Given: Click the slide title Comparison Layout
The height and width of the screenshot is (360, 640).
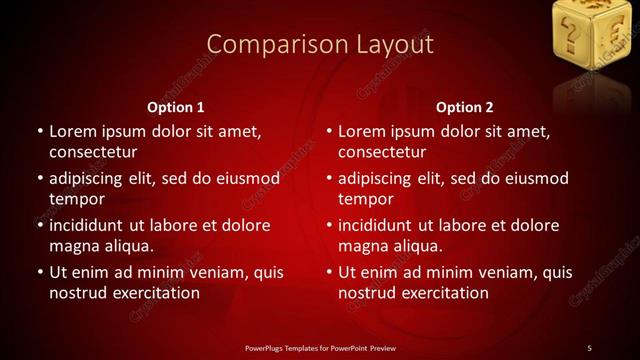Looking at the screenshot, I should [x=320, y=44].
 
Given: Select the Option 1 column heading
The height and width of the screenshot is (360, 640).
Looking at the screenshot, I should [x=176, y=107].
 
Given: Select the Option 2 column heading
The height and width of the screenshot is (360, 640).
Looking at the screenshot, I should [x=465, y=107].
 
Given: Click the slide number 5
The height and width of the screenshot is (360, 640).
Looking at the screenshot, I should [x=589, y=347].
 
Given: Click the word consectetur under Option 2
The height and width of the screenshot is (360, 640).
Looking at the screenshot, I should [x=383, y=152].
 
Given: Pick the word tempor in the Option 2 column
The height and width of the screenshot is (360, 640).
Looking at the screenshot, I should [x=366, y=199].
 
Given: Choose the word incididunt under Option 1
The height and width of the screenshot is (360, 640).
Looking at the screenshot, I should [x=93, y=225].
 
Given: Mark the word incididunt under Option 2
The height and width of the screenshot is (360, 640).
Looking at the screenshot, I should [x=383, y=225].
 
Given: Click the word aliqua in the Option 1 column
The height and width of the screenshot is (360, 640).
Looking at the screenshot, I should [x=127, y=246].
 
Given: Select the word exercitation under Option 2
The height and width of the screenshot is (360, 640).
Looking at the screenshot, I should [x=440, y=293].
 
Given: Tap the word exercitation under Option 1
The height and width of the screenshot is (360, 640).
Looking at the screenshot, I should [x=151, y=293].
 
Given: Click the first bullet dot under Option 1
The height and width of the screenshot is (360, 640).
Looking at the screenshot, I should [x=40, y=131].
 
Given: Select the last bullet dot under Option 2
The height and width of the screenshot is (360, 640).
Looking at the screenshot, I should [x=329, y=272].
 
